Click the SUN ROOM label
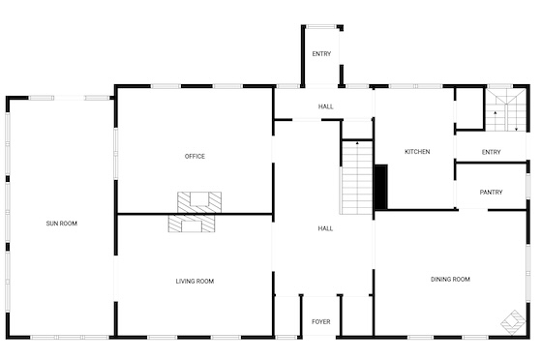pos(62,224)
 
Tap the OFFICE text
pos(195,157)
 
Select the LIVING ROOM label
pos(195,282)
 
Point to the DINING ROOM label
pos(450,279)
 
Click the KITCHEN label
pos(417,152)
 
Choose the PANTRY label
pos(491,192)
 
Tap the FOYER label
pos(320,321)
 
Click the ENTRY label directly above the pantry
pos(491,152)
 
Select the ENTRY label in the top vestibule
pos(321,54)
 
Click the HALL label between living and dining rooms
pos(325,228)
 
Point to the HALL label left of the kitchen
pos(325,106)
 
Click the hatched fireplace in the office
pos(199,202)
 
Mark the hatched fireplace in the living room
pos(192,224)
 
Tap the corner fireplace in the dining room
pos(514,322)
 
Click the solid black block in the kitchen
pos(381,187)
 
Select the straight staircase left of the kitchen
pos(357,177)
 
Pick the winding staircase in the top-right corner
pos(505,110)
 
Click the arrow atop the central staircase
pos(357,142)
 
